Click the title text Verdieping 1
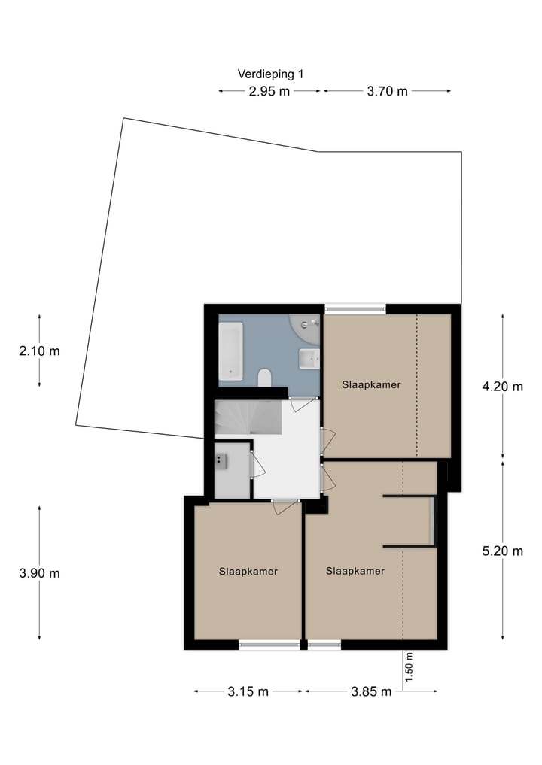270,74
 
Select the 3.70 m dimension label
387,92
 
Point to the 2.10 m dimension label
39,351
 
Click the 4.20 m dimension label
502,387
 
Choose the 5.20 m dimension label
502,551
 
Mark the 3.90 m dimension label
39,573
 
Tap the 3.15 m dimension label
248,691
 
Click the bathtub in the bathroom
231,351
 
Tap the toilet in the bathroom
264,377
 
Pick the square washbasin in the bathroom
309,359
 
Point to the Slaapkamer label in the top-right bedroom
370,384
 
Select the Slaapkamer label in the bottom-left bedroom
248,572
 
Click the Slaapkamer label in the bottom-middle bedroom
355,572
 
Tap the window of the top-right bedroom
355,308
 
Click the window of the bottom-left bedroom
269,645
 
